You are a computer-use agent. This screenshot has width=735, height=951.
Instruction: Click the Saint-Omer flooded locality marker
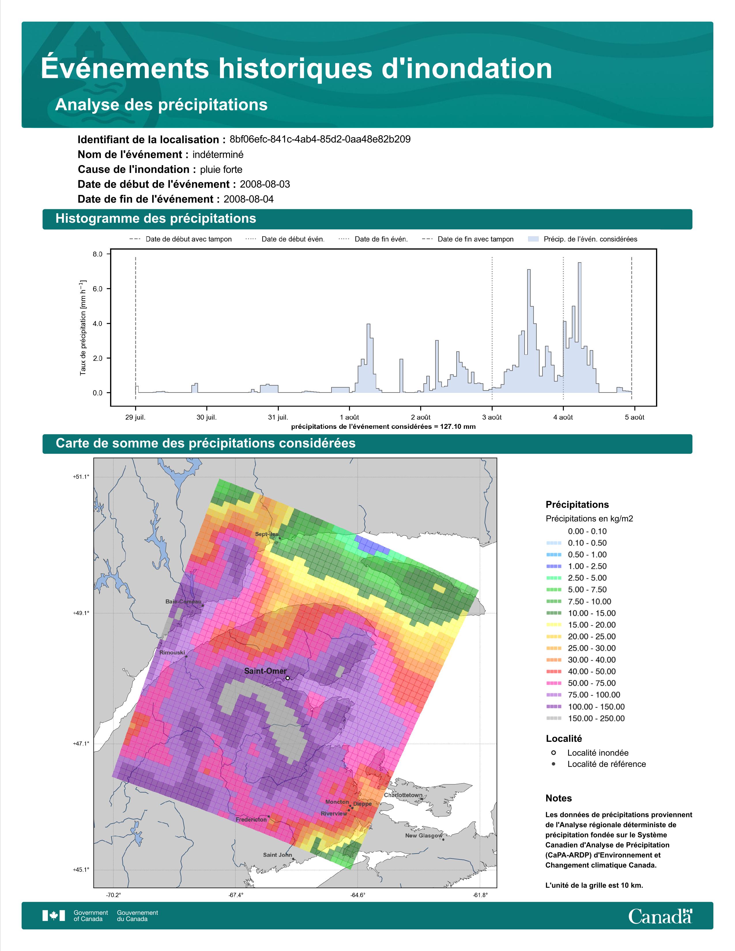[287, 678]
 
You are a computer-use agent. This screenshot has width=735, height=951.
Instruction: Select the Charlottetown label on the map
[403, 795]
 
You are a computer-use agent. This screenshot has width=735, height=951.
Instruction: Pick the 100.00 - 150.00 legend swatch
[553, 707]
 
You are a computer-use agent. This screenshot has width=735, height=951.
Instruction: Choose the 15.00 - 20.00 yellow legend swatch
[553, 625]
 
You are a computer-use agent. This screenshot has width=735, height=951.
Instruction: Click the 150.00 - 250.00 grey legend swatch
[553, 718]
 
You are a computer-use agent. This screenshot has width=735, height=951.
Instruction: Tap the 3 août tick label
[492, 417]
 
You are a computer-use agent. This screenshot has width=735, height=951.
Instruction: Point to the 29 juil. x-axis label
[135, 417]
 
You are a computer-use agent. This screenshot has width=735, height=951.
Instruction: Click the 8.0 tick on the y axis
[97, 254]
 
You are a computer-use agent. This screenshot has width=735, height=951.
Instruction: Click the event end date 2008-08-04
[249, 199]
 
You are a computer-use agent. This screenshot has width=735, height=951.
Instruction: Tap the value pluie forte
[221, 170]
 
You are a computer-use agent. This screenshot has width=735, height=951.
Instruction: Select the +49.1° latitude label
[81, 613]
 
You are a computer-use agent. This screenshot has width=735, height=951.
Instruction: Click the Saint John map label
[277, 855]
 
